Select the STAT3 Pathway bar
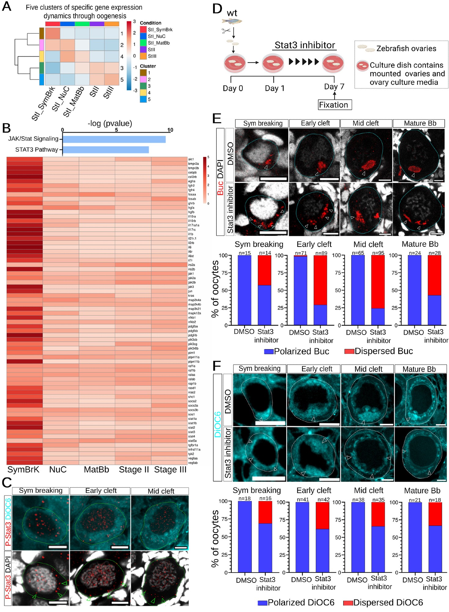(x=106, y=150)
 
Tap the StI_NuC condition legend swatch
(x=143, y=36)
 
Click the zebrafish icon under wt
(x=232, y=21)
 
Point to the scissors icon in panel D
(x=226, y=31)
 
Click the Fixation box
(x=334, y=105)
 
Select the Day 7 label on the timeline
(x=334, y=87)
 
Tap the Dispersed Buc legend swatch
(x=349, y=351)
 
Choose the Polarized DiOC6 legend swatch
(x=262, y=603)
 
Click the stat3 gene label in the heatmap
(x=192, y=432)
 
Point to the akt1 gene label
(x=191, y=159)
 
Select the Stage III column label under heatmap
(x=170, y=470)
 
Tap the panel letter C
(x=6, y=483)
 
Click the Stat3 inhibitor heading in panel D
(x=304, y=45)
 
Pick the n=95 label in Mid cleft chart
(x=378, y=253)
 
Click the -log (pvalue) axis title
(x=110, y=123)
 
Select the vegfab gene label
(x=193, y=463)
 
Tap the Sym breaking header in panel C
(x=41, y=491)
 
